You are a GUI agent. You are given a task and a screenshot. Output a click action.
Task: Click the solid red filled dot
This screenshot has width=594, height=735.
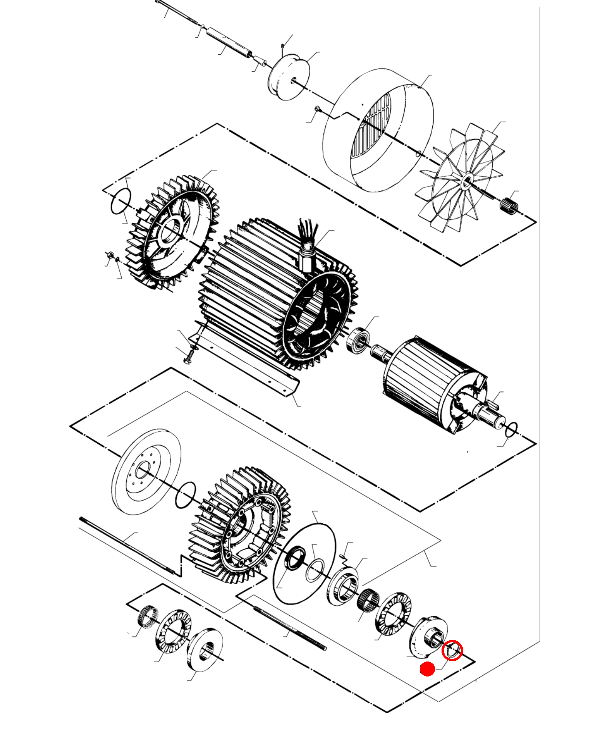(427, 669)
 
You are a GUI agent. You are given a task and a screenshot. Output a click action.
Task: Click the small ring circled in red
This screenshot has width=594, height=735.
(452, 650)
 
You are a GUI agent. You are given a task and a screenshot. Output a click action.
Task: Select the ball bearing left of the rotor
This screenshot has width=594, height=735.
(358, 339)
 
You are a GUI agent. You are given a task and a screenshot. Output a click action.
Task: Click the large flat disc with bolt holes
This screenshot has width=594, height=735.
(146, 471)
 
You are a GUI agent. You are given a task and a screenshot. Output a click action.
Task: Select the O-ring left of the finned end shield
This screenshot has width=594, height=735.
(121, 201)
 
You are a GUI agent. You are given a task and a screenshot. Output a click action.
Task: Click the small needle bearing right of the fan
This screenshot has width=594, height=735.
(509, 204)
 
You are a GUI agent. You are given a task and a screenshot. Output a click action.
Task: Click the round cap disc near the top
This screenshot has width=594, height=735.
(289, 77)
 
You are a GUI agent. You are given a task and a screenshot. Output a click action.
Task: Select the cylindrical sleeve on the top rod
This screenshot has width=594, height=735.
(229, 43)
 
